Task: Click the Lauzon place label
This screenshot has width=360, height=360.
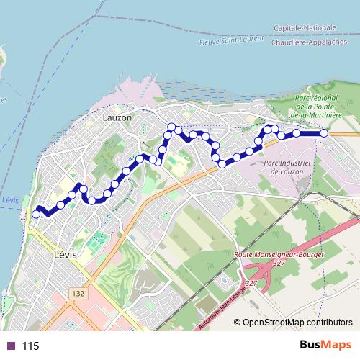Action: [117, 117]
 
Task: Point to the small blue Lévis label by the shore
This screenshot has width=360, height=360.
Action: [9, 199]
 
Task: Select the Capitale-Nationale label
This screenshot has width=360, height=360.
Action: [305, 28]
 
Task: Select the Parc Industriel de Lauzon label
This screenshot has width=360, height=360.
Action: [287, 167]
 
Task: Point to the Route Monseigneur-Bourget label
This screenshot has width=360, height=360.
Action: [280, 255]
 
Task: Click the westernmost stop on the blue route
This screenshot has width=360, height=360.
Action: [36, 214]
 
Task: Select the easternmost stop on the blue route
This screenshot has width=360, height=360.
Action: [324, 133]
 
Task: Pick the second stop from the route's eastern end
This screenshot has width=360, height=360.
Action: [297, 133]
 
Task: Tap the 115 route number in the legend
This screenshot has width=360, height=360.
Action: [30, 346]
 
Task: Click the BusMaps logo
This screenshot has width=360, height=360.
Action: [325, 346]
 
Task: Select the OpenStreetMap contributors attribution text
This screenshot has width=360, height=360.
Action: [297, 323]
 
